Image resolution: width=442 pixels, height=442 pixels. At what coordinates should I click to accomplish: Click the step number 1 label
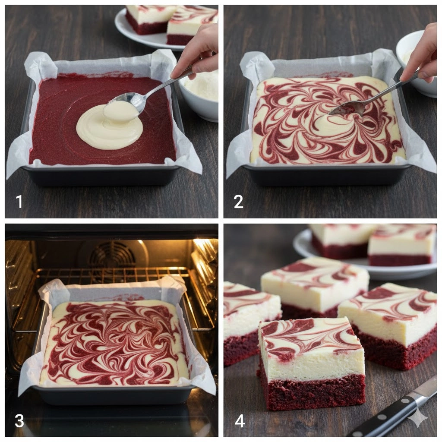(19, 202)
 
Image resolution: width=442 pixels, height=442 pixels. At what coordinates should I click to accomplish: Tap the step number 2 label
(238, 202)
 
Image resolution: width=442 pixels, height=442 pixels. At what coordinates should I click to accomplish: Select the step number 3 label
(19, 421)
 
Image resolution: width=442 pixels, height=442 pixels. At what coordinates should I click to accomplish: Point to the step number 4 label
(240, 421)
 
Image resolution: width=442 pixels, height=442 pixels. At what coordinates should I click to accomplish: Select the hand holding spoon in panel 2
(420, 54)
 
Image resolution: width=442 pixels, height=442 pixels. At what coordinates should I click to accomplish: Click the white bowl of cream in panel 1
(200, 95)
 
